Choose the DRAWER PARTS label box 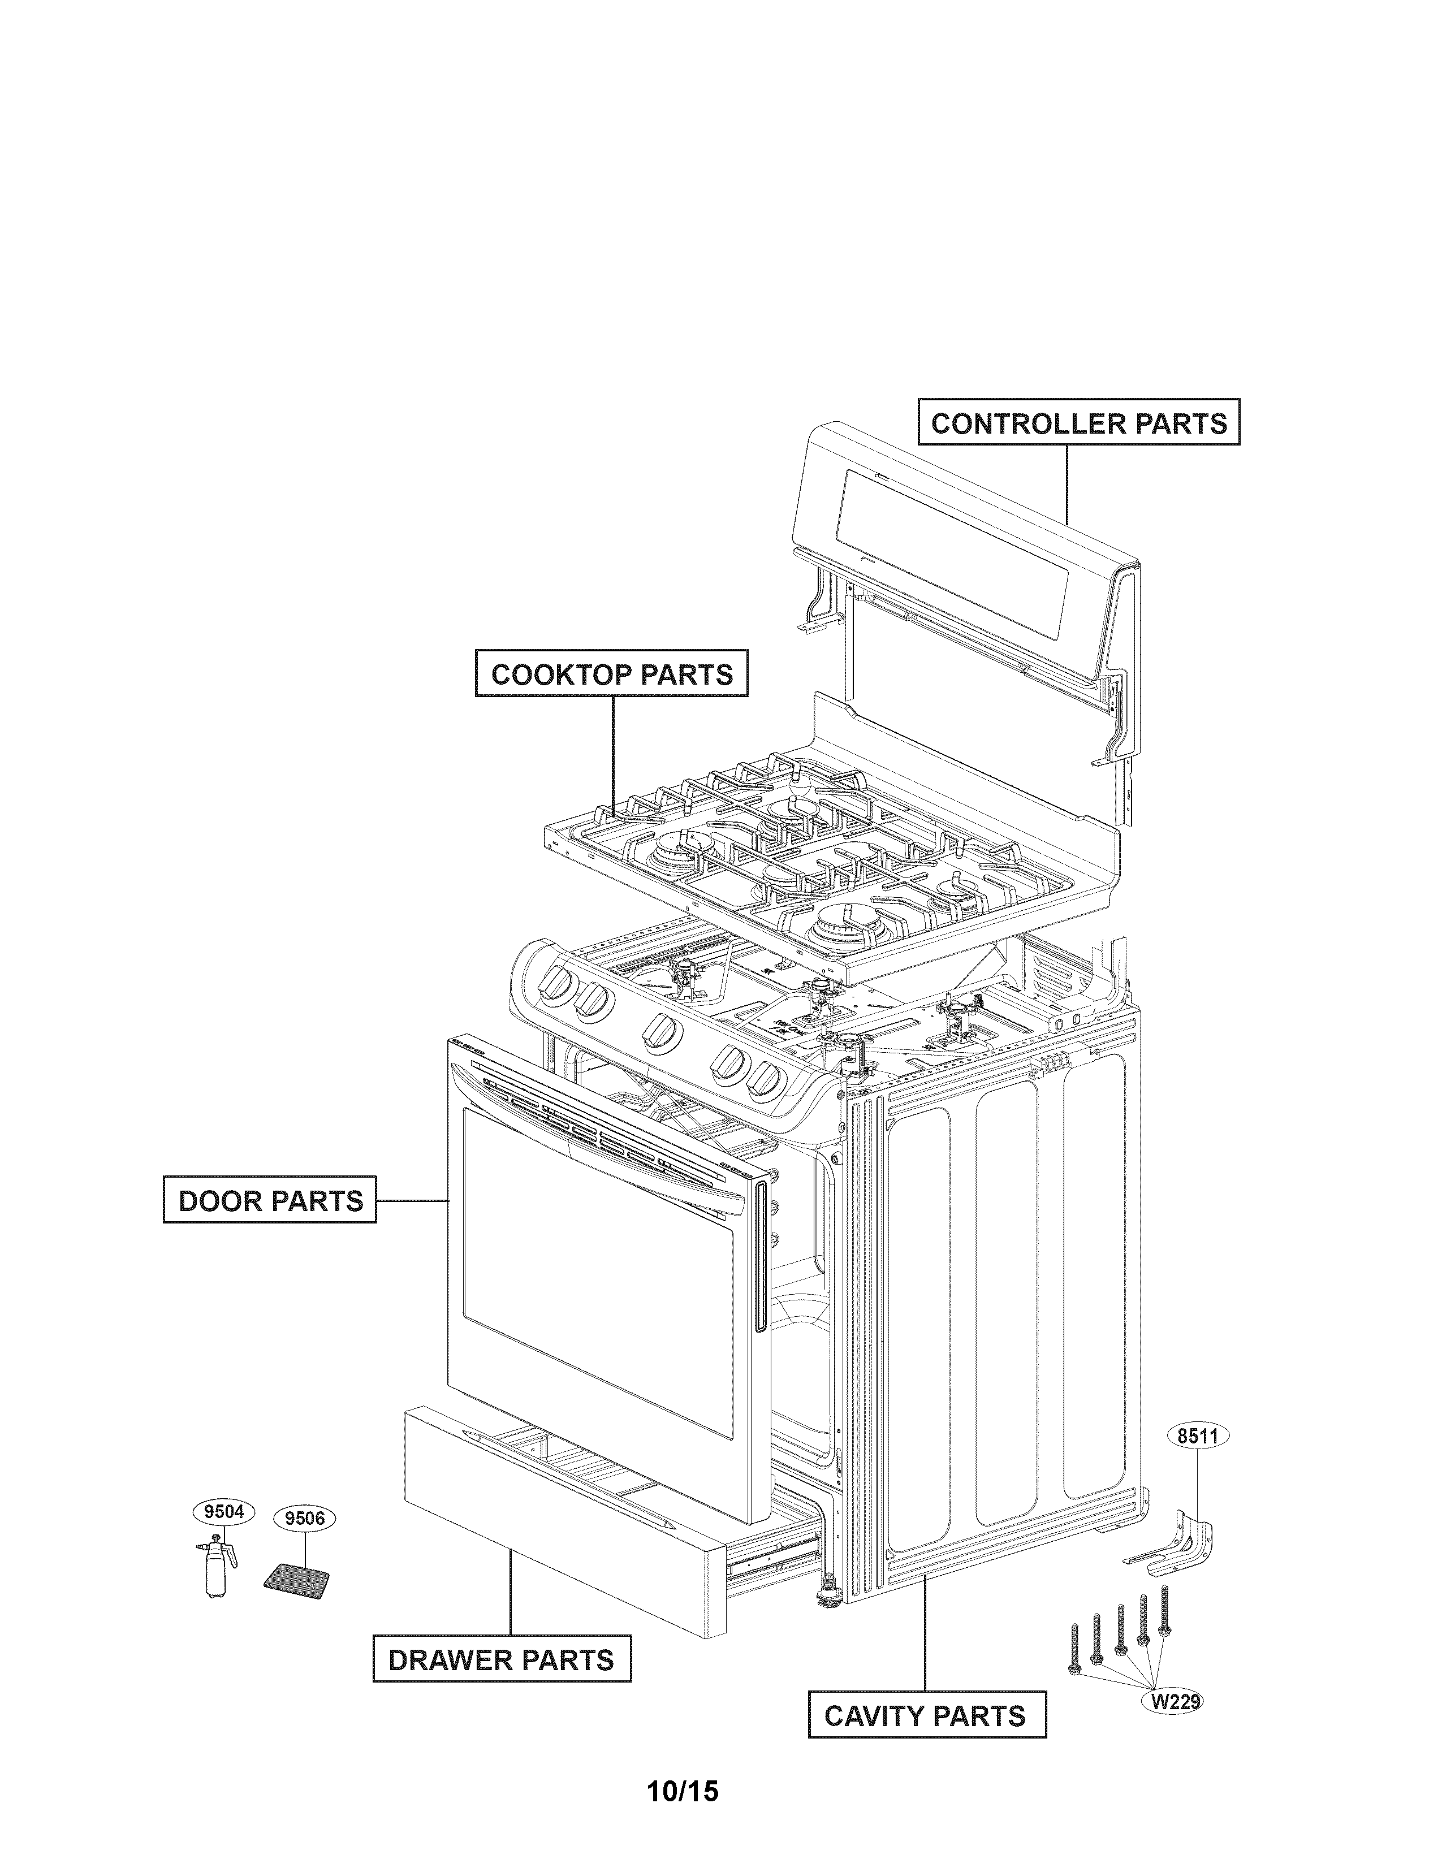coord(501,1660)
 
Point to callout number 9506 coord(304,1518)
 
